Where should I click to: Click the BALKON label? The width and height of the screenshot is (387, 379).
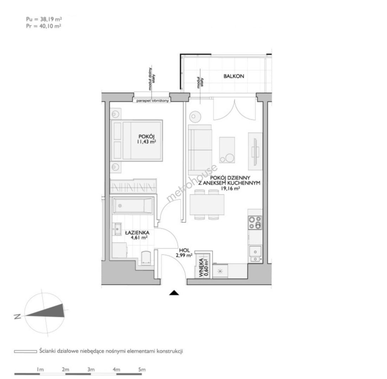point(233,76)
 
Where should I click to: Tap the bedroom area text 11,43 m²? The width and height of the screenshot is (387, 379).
point(147,142)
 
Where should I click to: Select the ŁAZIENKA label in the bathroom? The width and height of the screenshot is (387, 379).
point(137,233)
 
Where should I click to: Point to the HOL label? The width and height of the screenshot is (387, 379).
point(185,250)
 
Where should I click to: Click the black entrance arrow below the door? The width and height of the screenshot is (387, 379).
point(174,293)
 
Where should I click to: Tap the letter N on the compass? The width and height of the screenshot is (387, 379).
point(17,317)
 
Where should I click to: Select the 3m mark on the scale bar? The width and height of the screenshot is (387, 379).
point(91,370)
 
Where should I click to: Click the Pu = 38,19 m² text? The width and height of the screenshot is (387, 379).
point(44,19)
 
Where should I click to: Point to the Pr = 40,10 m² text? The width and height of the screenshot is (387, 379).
point(44,26)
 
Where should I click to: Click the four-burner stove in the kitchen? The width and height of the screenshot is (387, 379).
point(255,222)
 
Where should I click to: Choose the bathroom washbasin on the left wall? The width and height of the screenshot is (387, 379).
point(117,229)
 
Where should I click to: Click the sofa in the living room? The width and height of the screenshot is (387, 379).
point(200,147)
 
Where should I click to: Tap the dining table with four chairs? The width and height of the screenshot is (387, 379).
point(207,204)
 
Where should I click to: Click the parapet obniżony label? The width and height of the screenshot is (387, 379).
point(153,101)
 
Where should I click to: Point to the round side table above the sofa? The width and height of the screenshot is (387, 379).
point(195,117)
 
